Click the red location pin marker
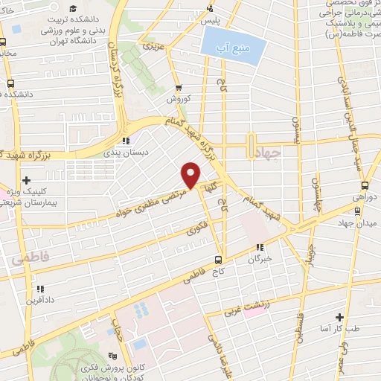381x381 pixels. pyautogui.click(x=191, y=176)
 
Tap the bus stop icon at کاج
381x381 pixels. pyautogui.click(x=218, y=260)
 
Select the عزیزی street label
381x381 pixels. pyautogui.click(x=153, y=47)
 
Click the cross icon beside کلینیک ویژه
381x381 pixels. pyautogui.click(x=27, y=180)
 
